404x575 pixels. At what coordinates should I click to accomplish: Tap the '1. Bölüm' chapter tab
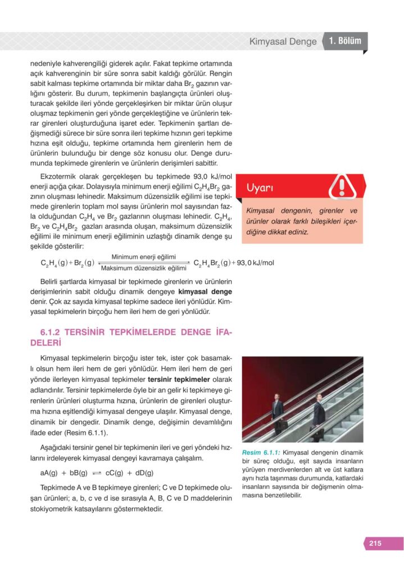[x=345, y=42]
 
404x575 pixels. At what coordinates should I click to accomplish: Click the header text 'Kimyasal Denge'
[x=283, y=42]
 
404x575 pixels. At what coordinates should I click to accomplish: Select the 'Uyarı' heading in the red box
[x=260, y=189]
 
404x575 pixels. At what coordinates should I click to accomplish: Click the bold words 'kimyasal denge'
[x=205, y=292]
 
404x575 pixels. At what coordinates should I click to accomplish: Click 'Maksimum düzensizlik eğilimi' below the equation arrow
[x=144, y=268]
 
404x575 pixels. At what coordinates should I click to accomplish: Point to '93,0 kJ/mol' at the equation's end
[x=256, y=262]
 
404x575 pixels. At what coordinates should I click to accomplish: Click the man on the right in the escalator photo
[x=318, y=413]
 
